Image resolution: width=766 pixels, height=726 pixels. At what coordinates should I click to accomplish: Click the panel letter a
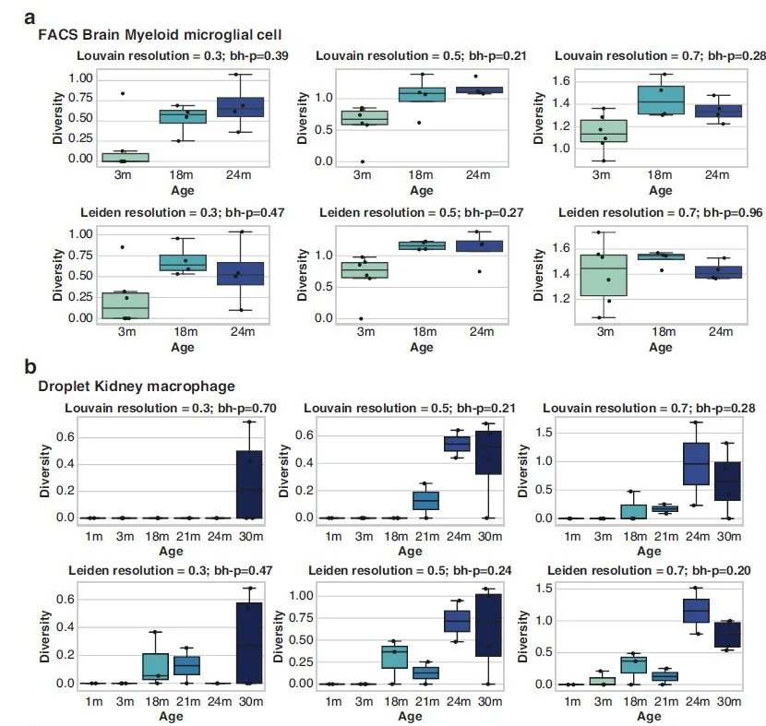click(30, 17)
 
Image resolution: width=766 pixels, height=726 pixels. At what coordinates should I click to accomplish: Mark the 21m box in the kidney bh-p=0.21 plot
click(425, 500)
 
